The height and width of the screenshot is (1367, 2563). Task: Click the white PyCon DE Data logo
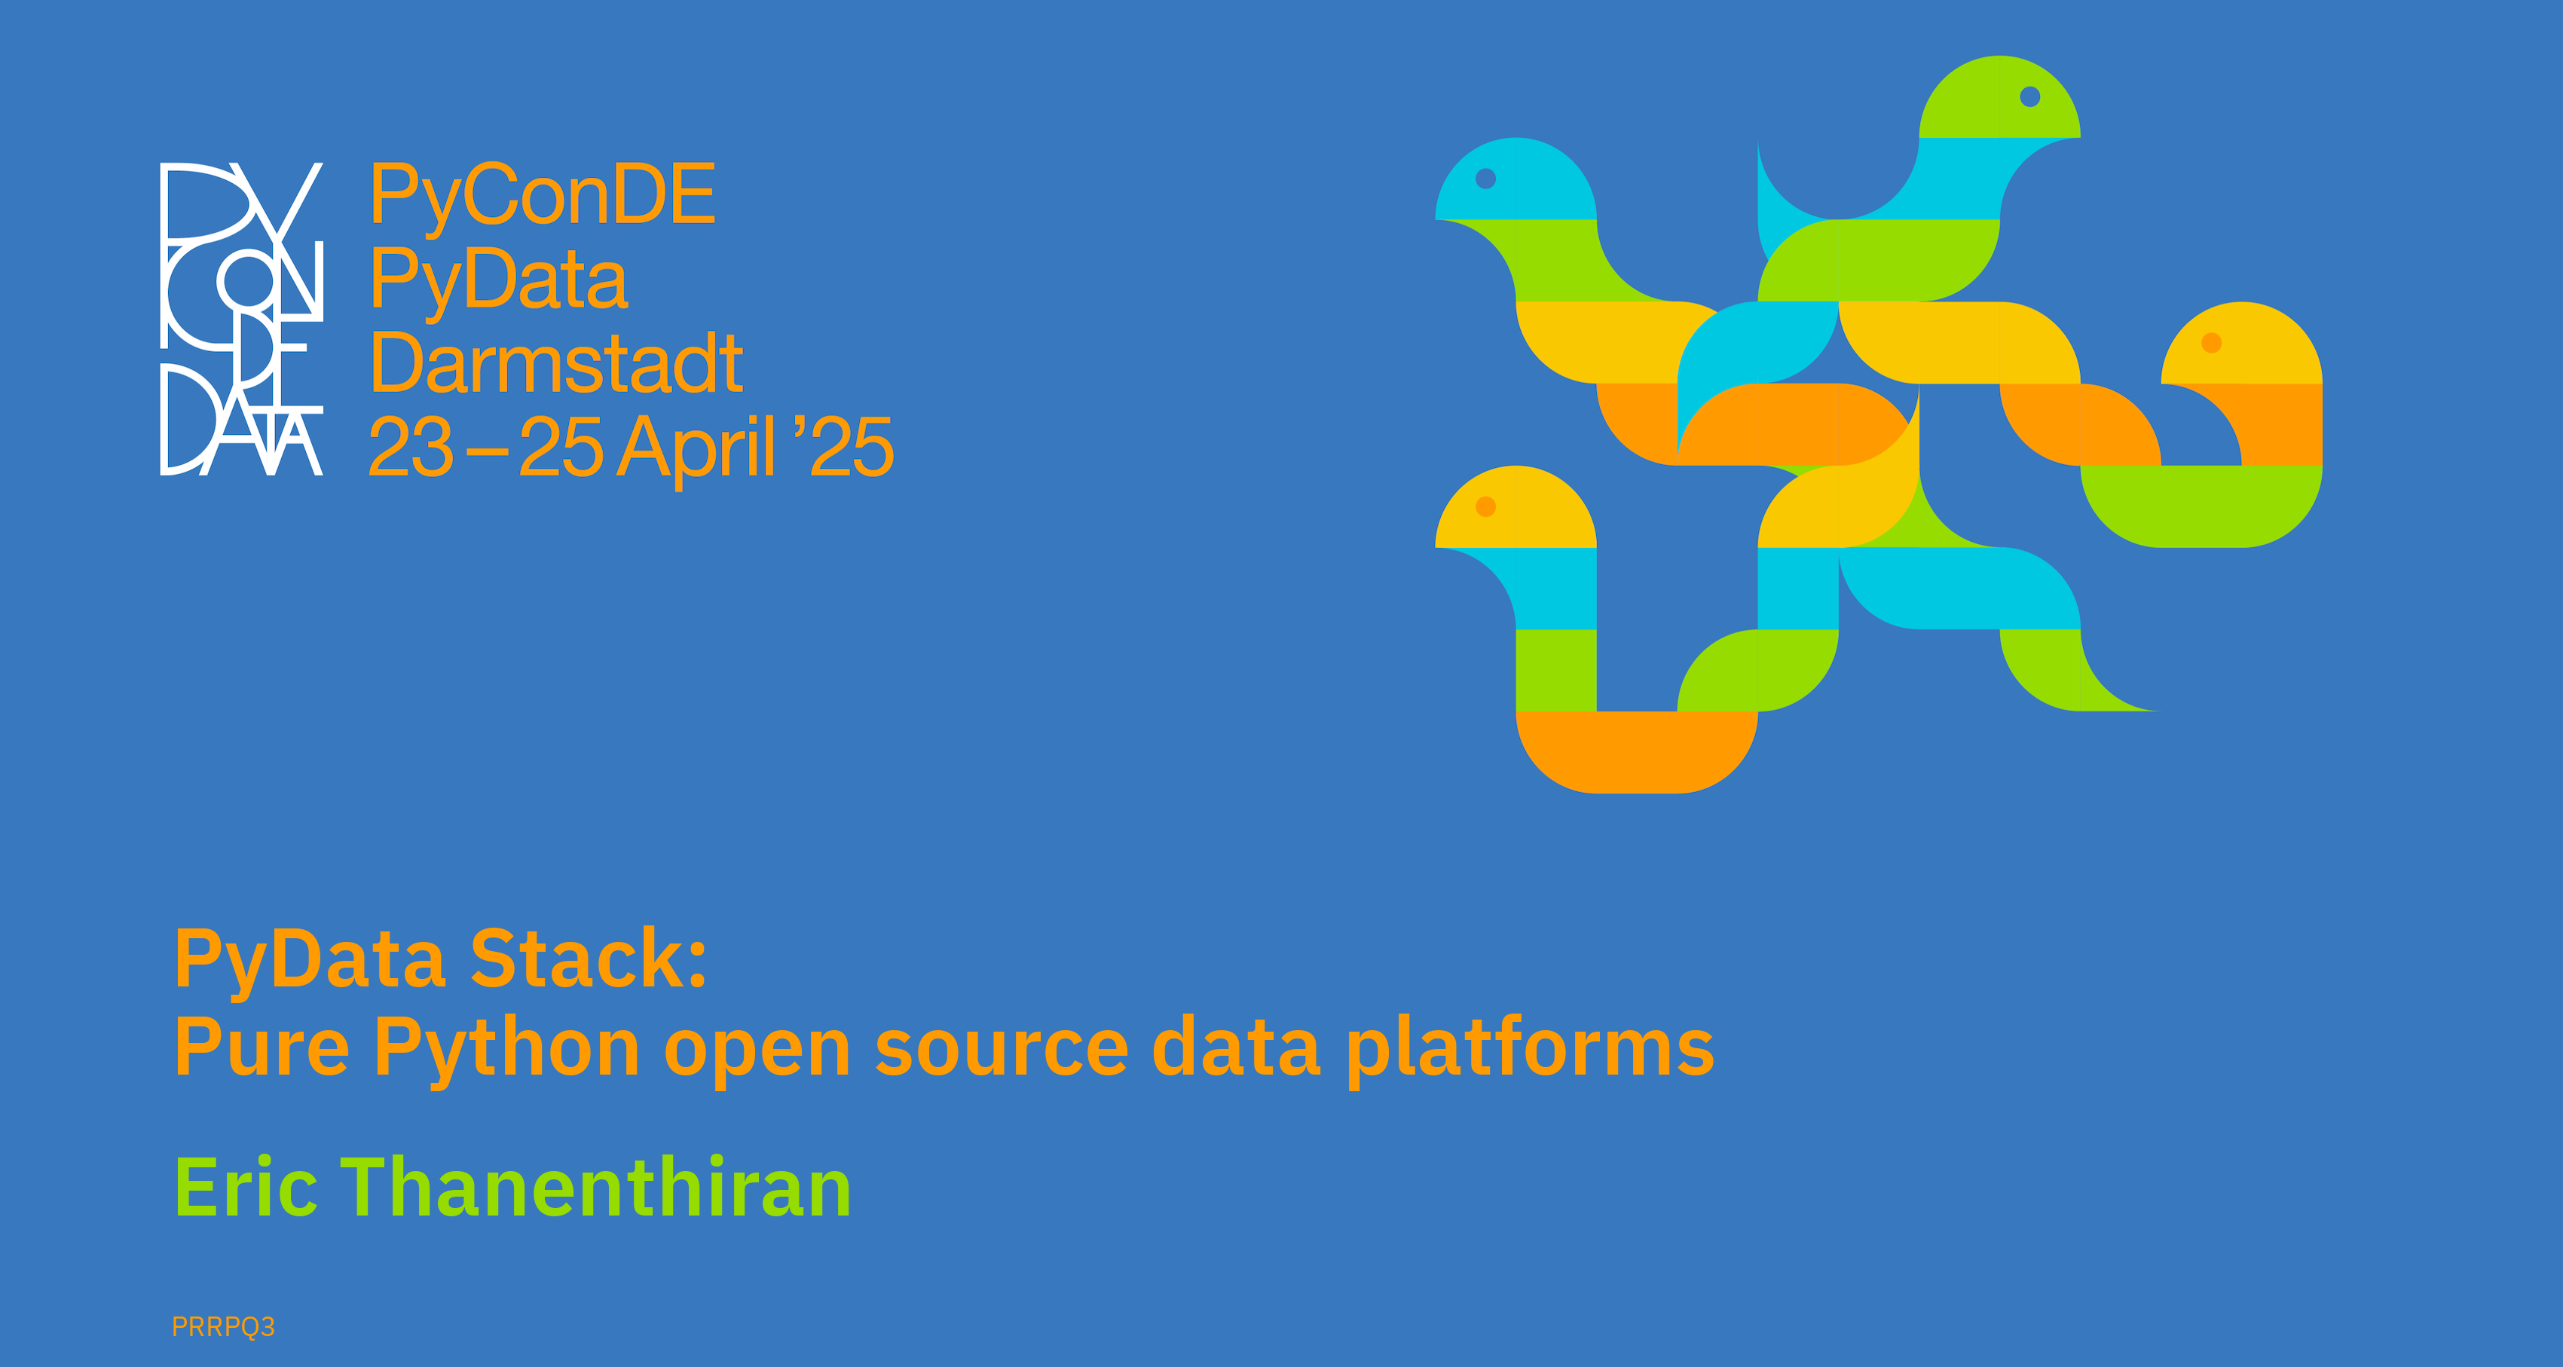coord(242,318)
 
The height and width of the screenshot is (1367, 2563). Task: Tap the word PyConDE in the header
coord(543,195)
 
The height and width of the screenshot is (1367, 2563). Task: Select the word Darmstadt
coord(556,364)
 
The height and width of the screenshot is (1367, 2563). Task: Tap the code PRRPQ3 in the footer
coord(223,1327)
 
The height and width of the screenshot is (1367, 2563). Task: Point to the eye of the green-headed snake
coord(2029,96)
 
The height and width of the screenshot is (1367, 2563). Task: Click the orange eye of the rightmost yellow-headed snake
coord(2212,343)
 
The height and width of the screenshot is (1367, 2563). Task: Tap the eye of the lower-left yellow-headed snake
coord(1485,507)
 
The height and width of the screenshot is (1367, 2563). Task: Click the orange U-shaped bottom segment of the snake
coord(1637,753)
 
